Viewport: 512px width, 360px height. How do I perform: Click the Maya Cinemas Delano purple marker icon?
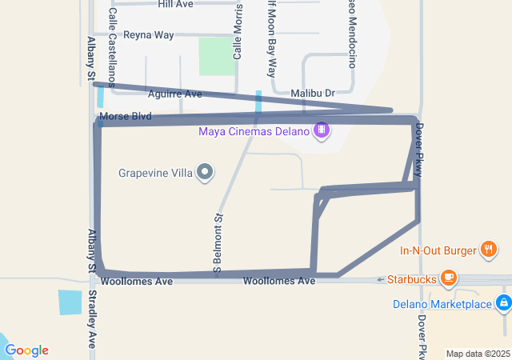[x=322, y=130]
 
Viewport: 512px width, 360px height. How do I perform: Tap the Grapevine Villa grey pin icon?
[x=206, y=172]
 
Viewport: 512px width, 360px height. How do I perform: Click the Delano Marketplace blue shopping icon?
[x=503, y=303]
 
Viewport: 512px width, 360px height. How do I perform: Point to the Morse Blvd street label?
[x=126, y=117]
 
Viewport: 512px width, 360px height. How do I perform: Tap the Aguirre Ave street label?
[x=175, y=94]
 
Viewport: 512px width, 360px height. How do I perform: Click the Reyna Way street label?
[x=148, y=35]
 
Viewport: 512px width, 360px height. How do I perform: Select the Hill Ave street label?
[x=175, y=4]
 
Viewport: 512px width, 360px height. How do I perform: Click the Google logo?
[x=26, y=350]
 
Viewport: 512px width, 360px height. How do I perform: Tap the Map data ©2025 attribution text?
[x=477, y=354]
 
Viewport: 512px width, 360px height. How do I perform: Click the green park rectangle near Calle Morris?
[x=213, y=57]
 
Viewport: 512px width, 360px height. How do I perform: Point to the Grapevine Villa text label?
[x=157, y=172]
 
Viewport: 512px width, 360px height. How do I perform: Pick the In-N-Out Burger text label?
[x=438, y=250]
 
